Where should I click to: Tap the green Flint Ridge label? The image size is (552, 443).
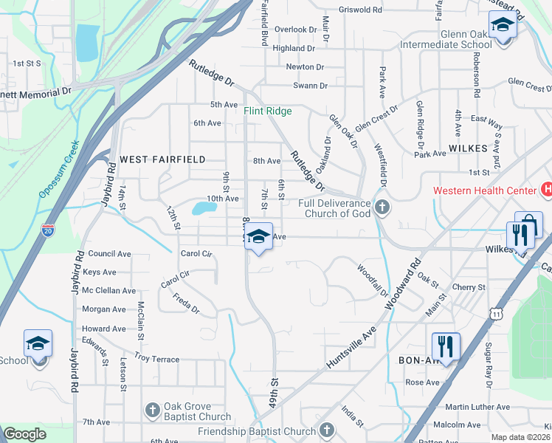(x=269, y=111)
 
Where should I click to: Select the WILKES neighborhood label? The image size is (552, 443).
(x=467, y=148)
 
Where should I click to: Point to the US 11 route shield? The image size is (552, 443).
(x=499, y=314)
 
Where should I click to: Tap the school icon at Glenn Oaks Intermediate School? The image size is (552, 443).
(x=503, y=27)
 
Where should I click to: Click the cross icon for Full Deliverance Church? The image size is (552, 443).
(x=382, y=207)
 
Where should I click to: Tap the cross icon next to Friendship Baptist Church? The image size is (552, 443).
(x=326, y=430)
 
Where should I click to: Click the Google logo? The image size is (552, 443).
(x=25, y=433)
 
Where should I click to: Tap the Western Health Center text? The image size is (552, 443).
(x=485, y=190)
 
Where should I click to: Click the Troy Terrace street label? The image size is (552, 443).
(x=156, y=359)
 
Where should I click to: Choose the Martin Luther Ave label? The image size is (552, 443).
(x=477, y=407)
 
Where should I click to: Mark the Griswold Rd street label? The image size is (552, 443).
(x=360, y=10)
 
